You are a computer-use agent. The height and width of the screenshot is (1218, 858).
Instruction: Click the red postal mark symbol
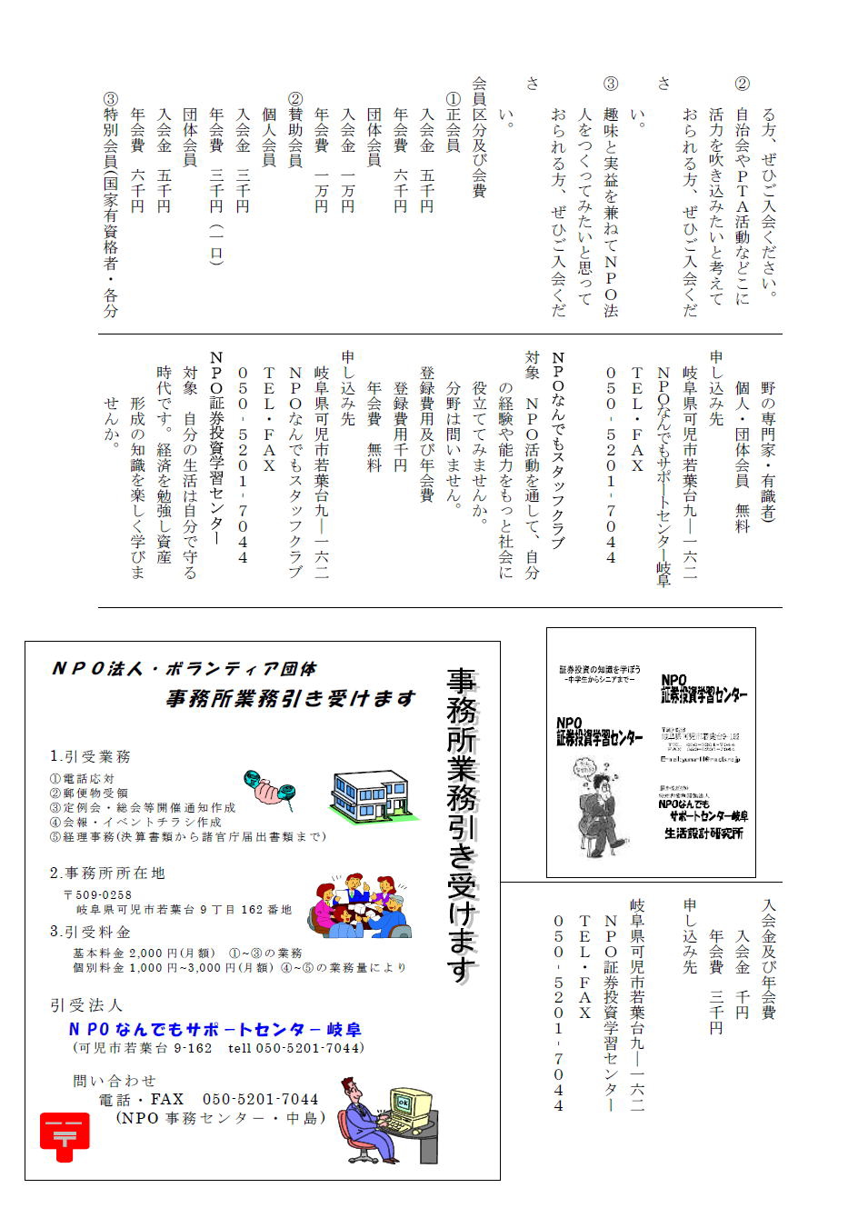point(65,1136)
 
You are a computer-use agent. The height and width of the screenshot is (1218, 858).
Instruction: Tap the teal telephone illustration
point(270,788)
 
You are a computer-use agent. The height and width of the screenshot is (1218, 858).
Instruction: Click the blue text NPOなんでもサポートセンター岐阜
point(215,1030)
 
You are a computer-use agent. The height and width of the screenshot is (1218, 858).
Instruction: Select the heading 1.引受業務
point(90,756)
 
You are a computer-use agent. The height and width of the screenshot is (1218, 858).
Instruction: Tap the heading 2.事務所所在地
point(107,873)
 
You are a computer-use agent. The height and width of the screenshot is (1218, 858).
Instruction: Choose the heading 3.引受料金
point(90,932)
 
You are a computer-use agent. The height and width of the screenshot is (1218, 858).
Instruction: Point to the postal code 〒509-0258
point(97,895)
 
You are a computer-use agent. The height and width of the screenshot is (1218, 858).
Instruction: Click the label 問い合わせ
point(115,1081)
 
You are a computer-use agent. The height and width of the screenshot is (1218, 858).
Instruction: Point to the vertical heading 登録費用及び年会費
point(426,434)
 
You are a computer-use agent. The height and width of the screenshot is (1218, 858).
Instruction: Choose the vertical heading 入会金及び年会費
point(768,959)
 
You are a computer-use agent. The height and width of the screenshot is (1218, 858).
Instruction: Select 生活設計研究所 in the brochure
point(703,833)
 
